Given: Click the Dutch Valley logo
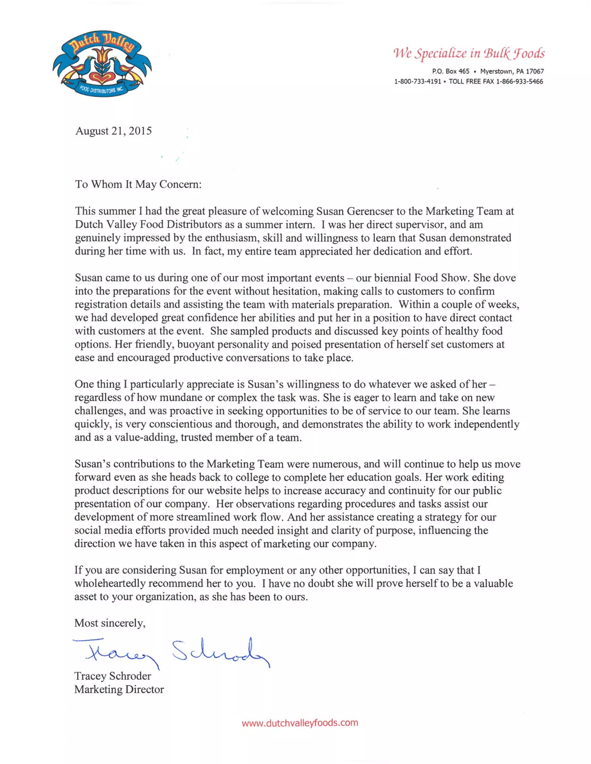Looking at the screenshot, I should pyautogui.click(x=102, y=64).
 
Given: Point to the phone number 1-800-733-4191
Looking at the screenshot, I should pyautogui.click(x=417, y=82).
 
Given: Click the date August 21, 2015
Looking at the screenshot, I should pyautogui.click(x=113, y=131).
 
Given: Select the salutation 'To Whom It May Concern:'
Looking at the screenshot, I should pyautogui.click(x=138, y=184).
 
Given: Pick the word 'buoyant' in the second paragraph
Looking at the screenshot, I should pyautogui.click(x=196, y=344).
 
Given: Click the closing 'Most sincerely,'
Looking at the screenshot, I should pyautogui.click(x=110, y=623).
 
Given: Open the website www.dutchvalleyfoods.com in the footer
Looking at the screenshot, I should pyautogui.click(x=300, y=723).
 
